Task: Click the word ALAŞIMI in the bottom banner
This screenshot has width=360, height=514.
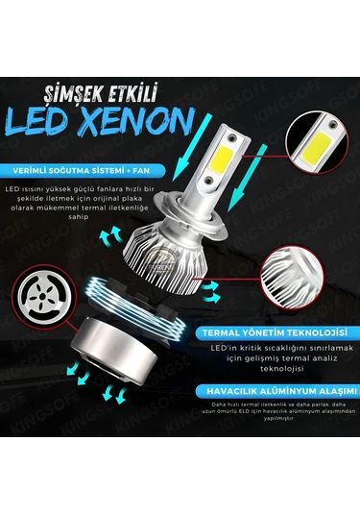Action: tap(316, 392)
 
